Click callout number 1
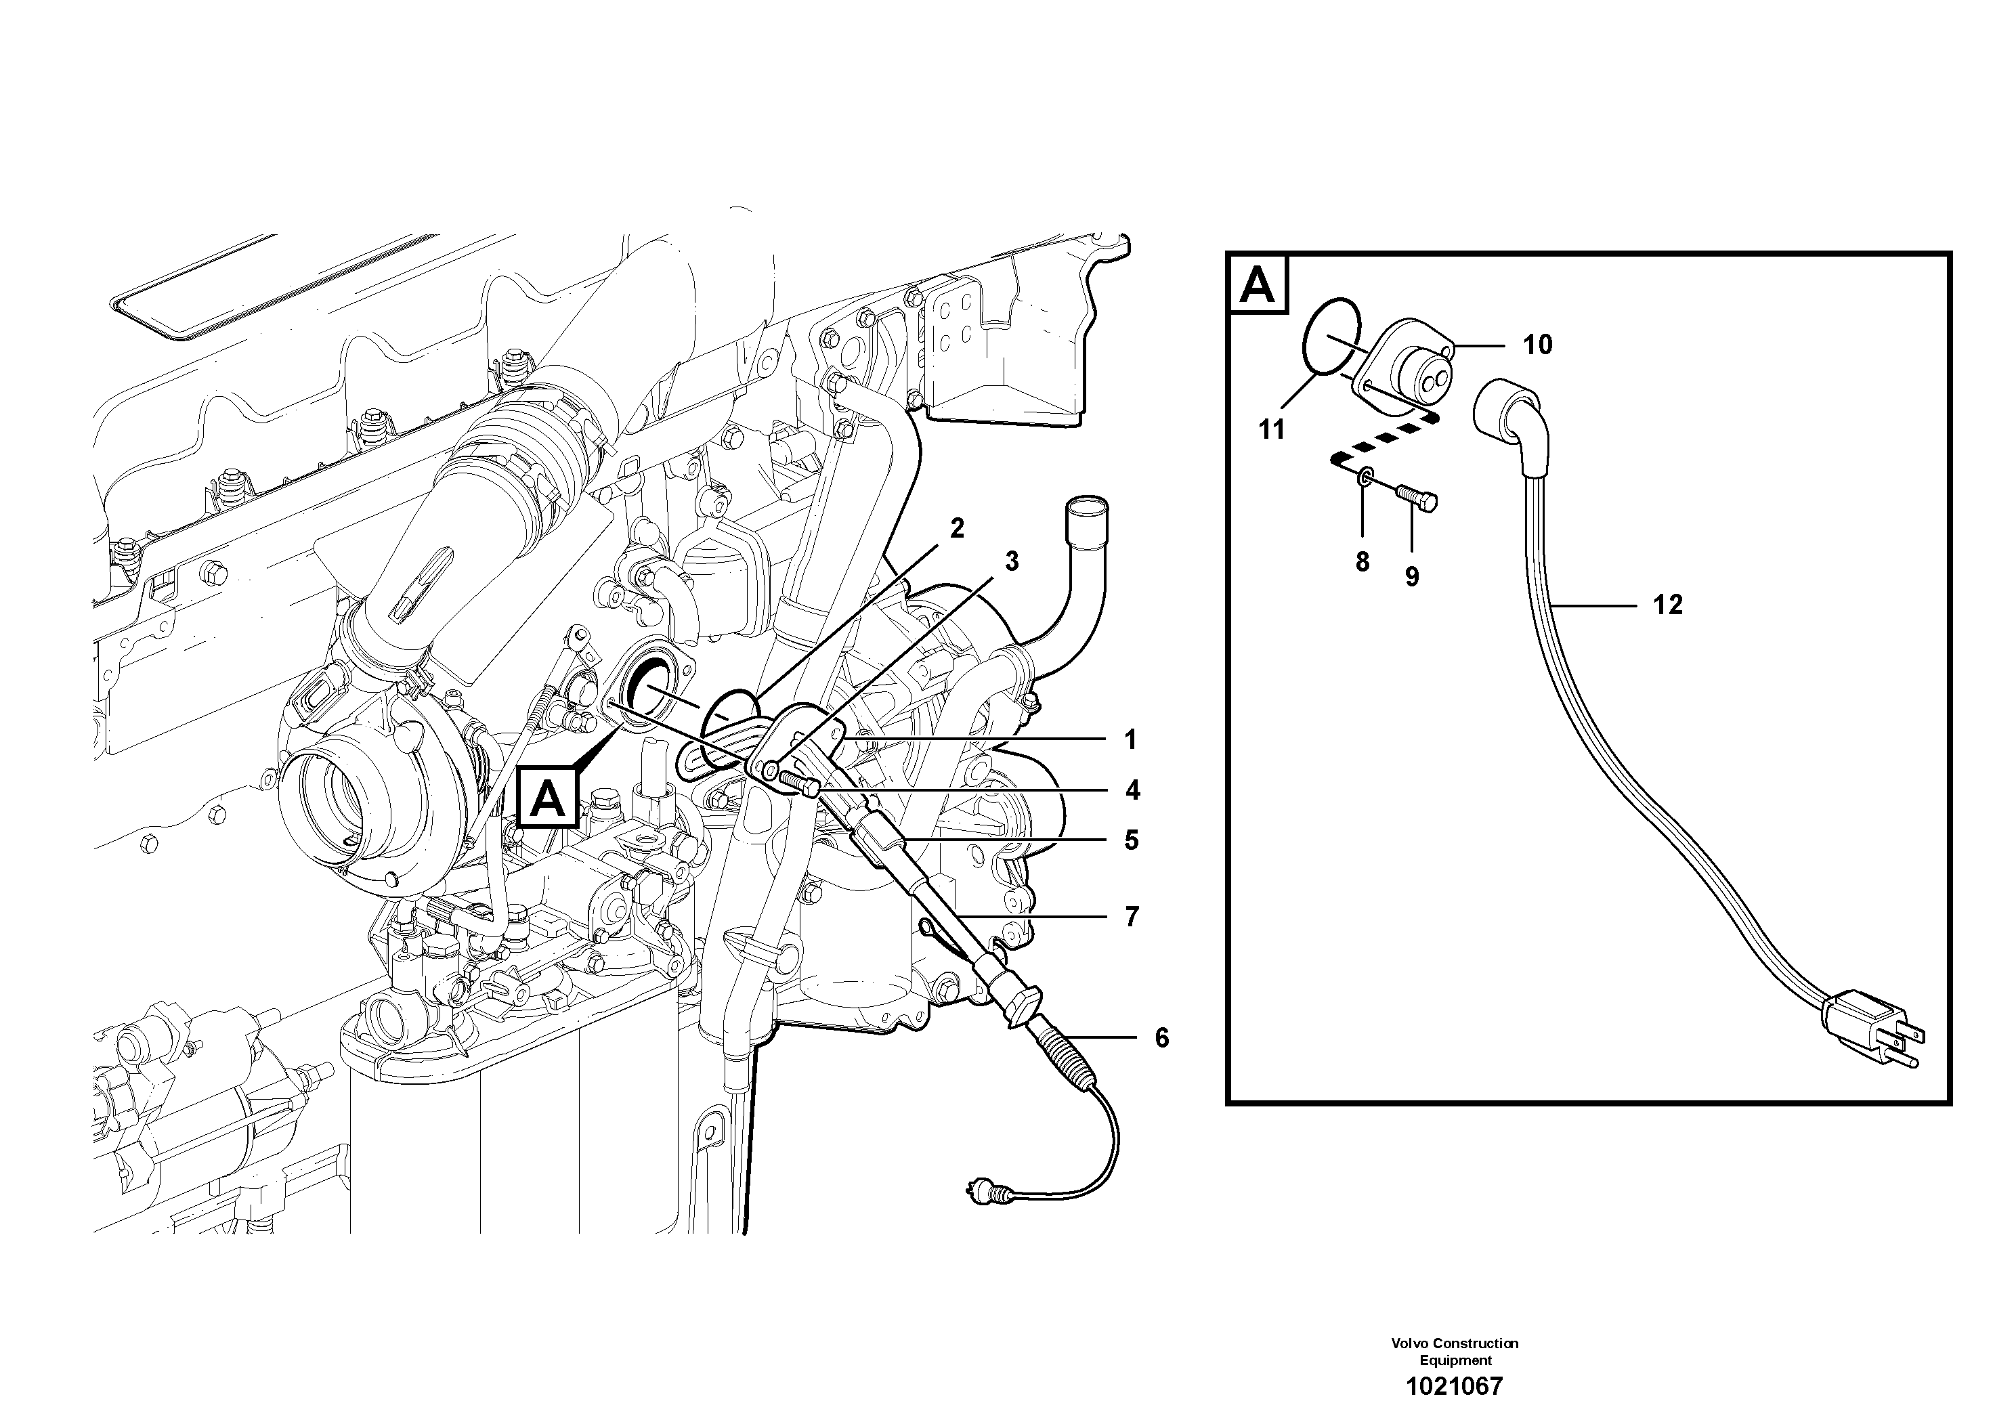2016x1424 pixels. click(x=1131, y=740)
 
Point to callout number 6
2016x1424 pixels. click(x=1161, y=1038)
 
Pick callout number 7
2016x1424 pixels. click(x=1132, y=917)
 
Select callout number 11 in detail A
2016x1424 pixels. click(x=1271, y=429)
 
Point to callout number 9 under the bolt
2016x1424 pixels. click(x=1412, y=577)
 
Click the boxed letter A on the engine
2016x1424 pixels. click(x=548, y=799)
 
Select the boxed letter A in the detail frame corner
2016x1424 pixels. click(x=1258, y=284)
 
